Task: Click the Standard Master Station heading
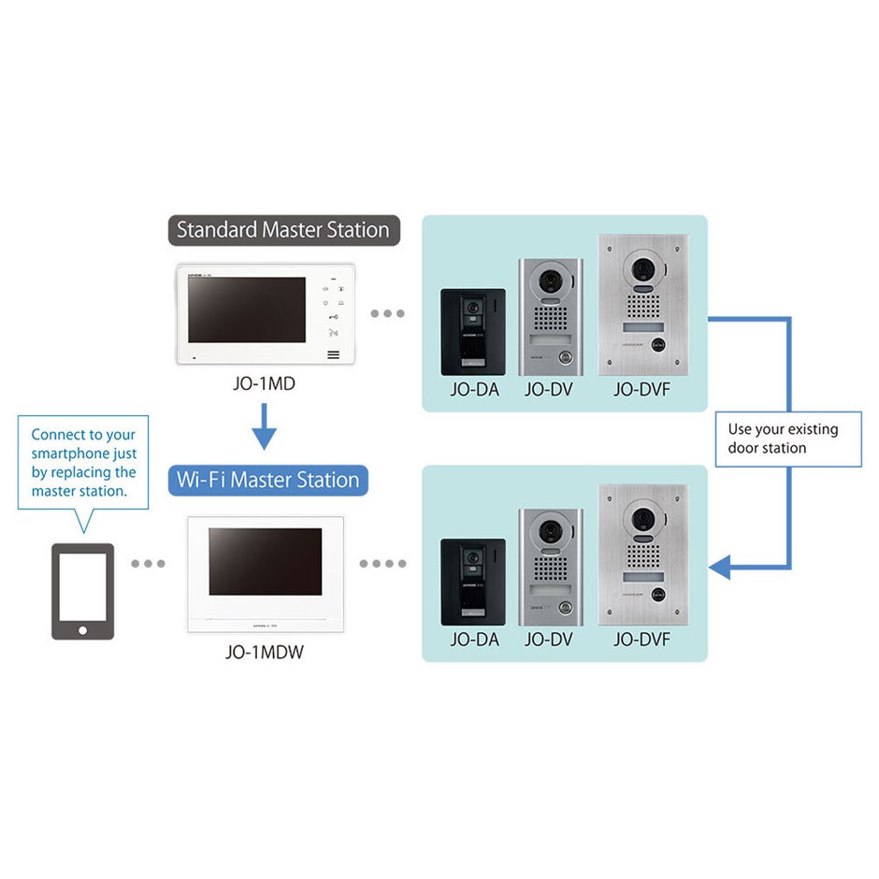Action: click(283, 230)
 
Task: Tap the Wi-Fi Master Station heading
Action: click(267, 481)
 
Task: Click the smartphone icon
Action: click(82, 591)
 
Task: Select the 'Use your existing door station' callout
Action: click(787, 439)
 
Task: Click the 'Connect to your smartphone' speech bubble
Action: click(83, 463)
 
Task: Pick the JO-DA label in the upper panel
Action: click(474, 390)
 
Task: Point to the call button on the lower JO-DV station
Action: click(565, 607)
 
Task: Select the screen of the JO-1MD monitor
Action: click(247, 310)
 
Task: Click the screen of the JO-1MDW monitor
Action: click(265, 561)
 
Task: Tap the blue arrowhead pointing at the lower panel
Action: click(720, 567)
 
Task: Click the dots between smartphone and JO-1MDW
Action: click(148, 564)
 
